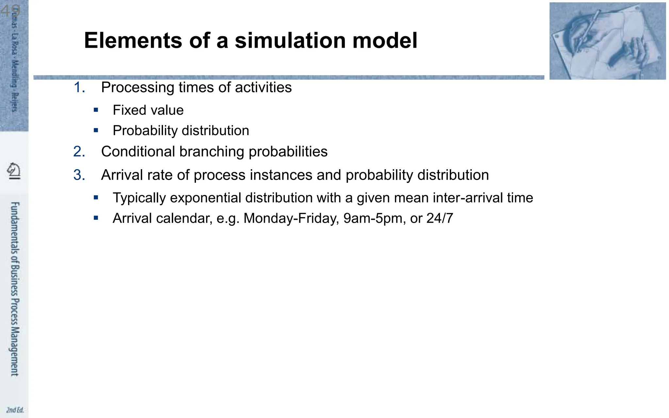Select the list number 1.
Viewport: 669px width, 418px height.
pos(79,88)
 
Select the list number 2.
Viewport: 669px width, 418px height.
pos(79,152)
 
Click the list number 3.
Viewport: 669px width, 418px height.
pos(79,175)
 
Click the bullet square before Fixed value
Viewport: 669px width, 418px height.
pos(96,110)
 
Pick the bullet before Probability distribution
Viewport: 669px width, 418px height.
pos(96,130)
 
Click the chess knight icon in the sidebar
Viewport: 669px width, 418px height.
pos(14,170)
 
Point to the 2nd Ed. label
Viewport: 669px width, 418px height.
pos(15,410)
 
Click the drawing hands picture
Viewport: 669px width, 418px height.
pos(607,41)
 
